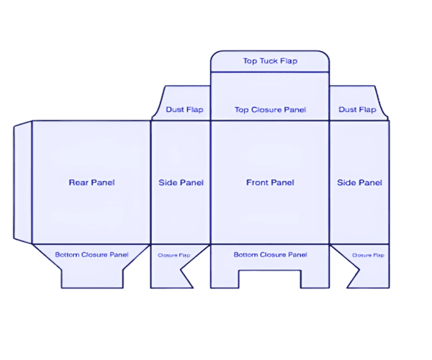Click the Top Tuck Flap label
pos(270,61)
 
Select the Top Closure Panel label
pos(270,109)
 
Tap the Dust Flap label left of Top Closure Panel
pos(184,109)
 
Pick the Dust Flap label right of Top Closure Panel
pos(357,109)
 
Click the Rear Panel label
pos(91,182)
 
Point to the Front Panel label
pos(270,182)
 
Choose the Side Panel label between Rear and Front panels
pos(181,182)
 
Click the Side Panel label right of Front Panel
pos(359,182)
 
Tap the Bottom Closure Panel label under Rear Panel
pos(91,254)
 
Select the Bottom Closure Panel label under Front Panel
pos(270,254)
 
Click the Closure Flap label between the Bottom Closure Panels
pos(174,256)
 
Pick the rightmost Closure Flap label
pos(368,256)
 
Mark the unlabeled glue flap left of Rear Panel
pos(23,182)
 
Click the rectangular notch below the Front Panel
pos(270,279)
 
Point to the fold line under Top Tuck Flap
pos(270,72)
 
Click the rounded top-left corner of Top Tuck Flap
pos(215,54)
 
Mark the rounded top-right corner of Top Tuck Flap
pos(325,54)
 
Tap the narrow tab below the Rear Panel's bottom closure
pos(92,279)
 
